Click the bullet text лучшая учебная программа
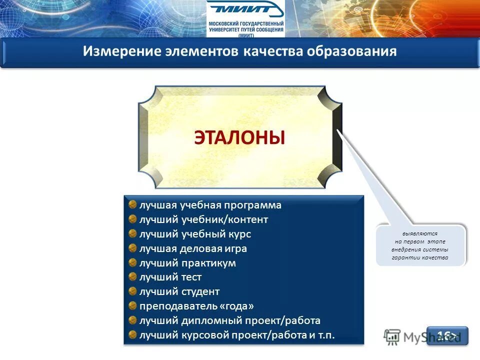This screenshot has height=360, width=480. click(x=210, y=205)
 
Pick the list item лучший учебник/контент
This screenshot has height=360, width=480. click(x=204, y=219)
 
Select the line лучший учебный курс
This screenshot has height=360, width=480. click(x=195, y=234)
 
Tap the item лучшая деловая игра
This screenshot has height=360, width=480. click(x=193, y=248)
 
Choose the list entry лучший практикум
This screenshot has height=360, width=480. click(x=187, y=263)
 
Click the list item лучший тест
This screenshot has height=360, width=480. click(x=170, y=277)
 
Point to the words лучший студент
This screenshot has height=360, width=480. click(x=179, y=291)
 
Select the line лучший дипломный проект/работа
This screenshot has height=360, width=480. click(x=230, y=320)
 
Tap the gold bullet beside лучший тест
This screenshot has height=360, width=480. click(x=132, y=276)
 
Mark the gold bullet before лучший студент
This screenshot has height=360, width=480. click(x=132, y=291)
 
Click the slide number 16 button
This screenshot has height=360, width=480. click(x=447, y=335)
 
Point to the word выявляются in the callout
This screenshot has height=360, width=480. click(x=420, y=233)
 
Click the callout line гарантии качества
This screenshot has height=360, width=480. click(x=420, y=257)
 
